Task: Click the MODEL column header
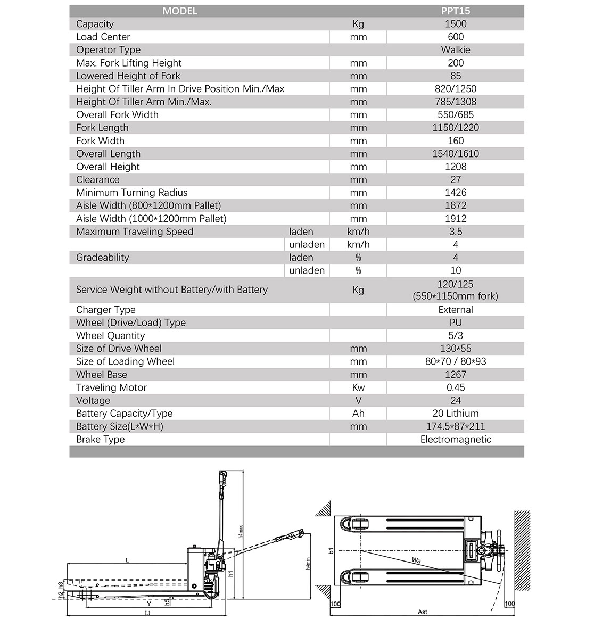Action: [180, 11]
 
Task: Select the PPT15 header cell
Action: [456, 11]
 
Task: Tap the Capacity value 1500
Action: [456, 24]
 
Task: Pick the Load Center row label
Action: [103, 37]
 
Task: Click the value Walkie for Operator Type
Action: [456, 50]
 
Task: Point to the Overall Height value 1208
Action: [456, 167]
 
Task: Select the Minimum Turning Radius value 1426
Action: [456, 193]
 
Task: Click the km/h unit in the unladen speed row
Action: [358, 245]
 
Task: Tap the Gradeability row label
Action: [103, 258]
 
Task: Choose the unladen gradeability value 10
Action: [456, 271]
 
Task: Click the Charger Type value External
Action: [456, 310]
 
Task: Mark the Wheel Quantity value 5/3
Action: [456, 336]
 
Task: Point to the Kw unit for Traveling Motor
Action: [358, 387]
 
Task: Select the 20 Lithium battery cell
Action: [456, 414]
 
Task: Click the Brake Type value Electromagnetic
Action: [456, 440]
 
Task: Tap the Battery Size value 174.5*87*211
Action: [456, 426]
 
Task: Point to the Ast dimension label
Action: [422, 612]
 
